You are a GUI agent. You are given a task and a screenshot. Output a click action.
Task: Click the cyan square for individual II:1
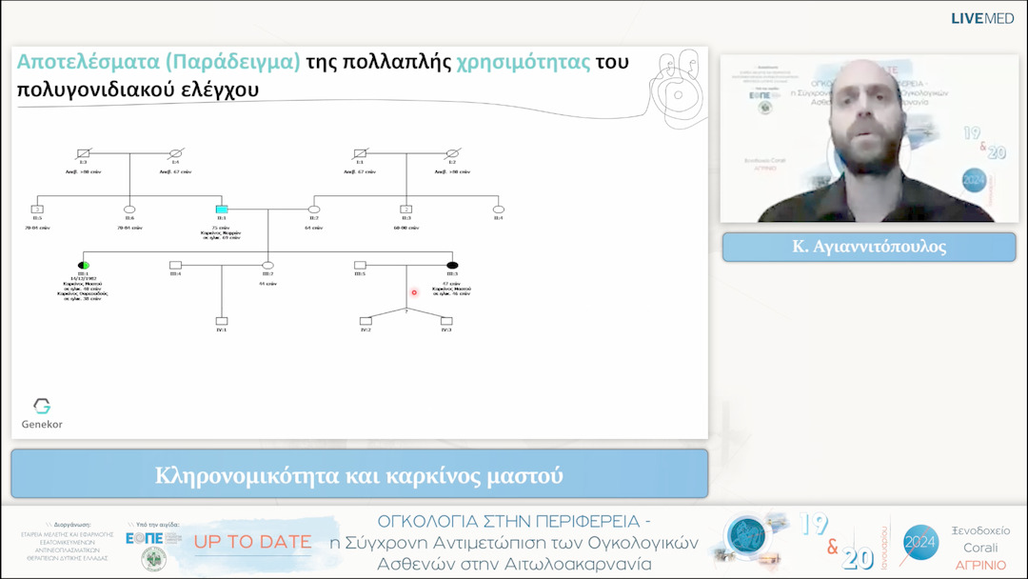click(x=221, y=209)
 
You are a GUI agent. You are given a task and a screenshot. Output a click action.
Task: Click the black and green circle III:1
click(x=84, y=264)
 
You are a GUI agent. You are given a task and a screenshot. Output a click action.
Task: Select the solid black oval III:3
click(x=452, y=264)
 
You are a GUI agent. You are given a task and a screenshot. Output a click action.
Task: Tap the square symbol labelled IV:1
click(x=221, y=321)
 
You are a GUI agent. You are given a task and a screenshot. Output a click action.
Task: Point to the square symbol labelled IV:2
click(x=366, y=321)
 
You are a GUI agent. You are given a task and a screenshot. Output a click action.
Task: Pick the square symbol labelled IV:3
click(x=446, y=321)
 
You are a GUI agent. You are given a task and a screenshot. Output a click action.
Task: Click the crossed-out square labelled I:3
click(x=84, y=152)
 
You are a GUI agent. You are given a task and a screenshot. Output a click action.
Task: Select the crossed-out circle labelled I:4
click(x=175, y=152)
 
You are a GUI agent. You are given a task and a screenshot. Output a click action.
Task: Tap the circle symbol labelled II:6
click(x=129, y=209)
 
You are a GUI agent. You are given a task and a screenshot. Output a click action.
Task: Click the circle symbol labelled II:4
click(x=498, y=209)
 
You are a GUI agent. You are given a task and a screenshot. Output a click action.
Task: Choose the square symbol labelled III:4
click(x=175, y=264)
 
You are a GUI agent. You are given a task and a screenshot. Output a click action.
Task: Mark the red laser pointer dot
click(x=414, y=292)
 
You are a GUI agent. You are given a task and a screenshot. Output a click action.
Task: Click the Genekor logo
click(x=42, y=412)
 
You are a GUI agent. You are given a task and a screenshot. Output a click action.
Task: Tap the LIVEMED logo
click(x=981, y=19)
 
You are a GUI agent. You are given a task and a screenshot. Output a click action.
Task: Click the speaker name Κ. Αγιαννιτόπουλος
click(x=868, y=247)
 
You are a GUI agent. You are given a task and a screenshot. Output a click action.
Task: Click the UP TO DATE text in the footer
click(x=253, y=542)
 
